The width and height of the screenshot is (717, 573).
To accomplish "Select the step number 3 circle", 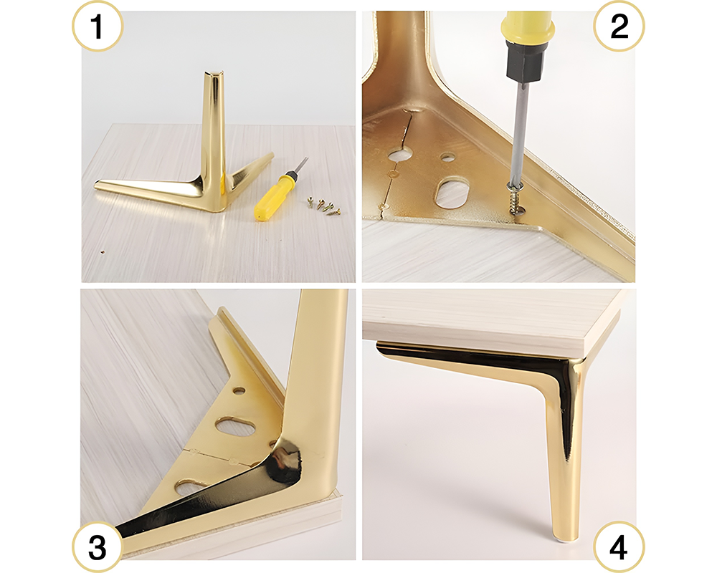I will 98,548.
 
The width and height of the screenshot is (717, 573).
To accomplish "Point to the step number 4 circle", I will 619,548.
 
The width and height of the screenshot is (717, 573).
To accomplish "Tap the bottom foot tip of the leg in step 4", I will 557,531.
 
